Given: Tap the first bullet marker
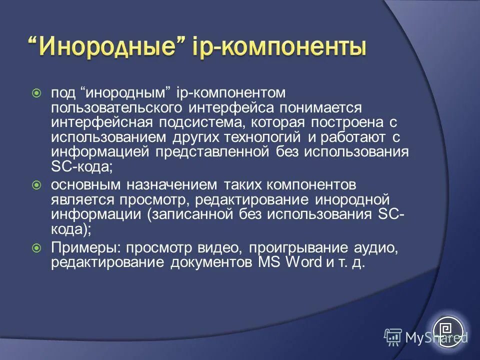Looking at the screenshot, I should [x=36, y=93].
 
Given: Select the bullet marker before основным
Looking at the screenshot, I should [x=36, y=185].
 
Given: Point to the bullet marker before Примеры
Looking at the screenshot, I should [x=36, y=247].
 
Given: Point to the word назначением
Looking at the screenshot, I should [x=169, y=185].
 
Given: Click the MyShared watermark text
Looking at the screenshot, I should [x=435, y=337].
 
